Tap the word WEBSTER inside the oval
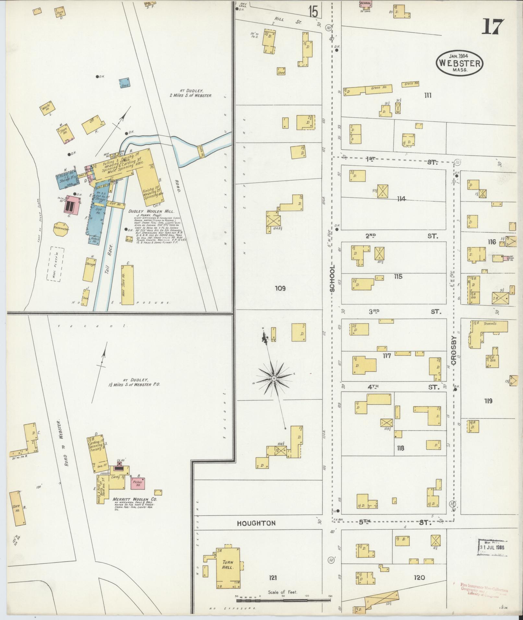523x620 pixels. (x=459, y=63)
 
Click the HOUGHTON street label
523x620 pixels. (x=256, y=523)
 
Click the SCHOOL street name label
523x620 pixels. (x=332, y=278)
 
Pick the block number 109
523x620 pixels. (x=280, y=288)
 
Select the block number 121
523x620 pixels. (x=272, y=578)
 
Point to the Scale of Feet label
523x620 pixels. (x=282, y=592)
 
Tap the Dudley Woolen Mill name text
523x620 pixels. (x=151, y=211)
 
